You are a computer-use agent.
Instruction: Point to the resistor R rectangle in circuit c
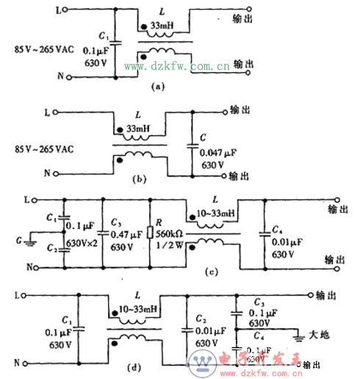(x=150, y=233)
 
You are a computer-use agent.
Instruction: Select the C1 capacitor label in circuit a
(x=103, y=37)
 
